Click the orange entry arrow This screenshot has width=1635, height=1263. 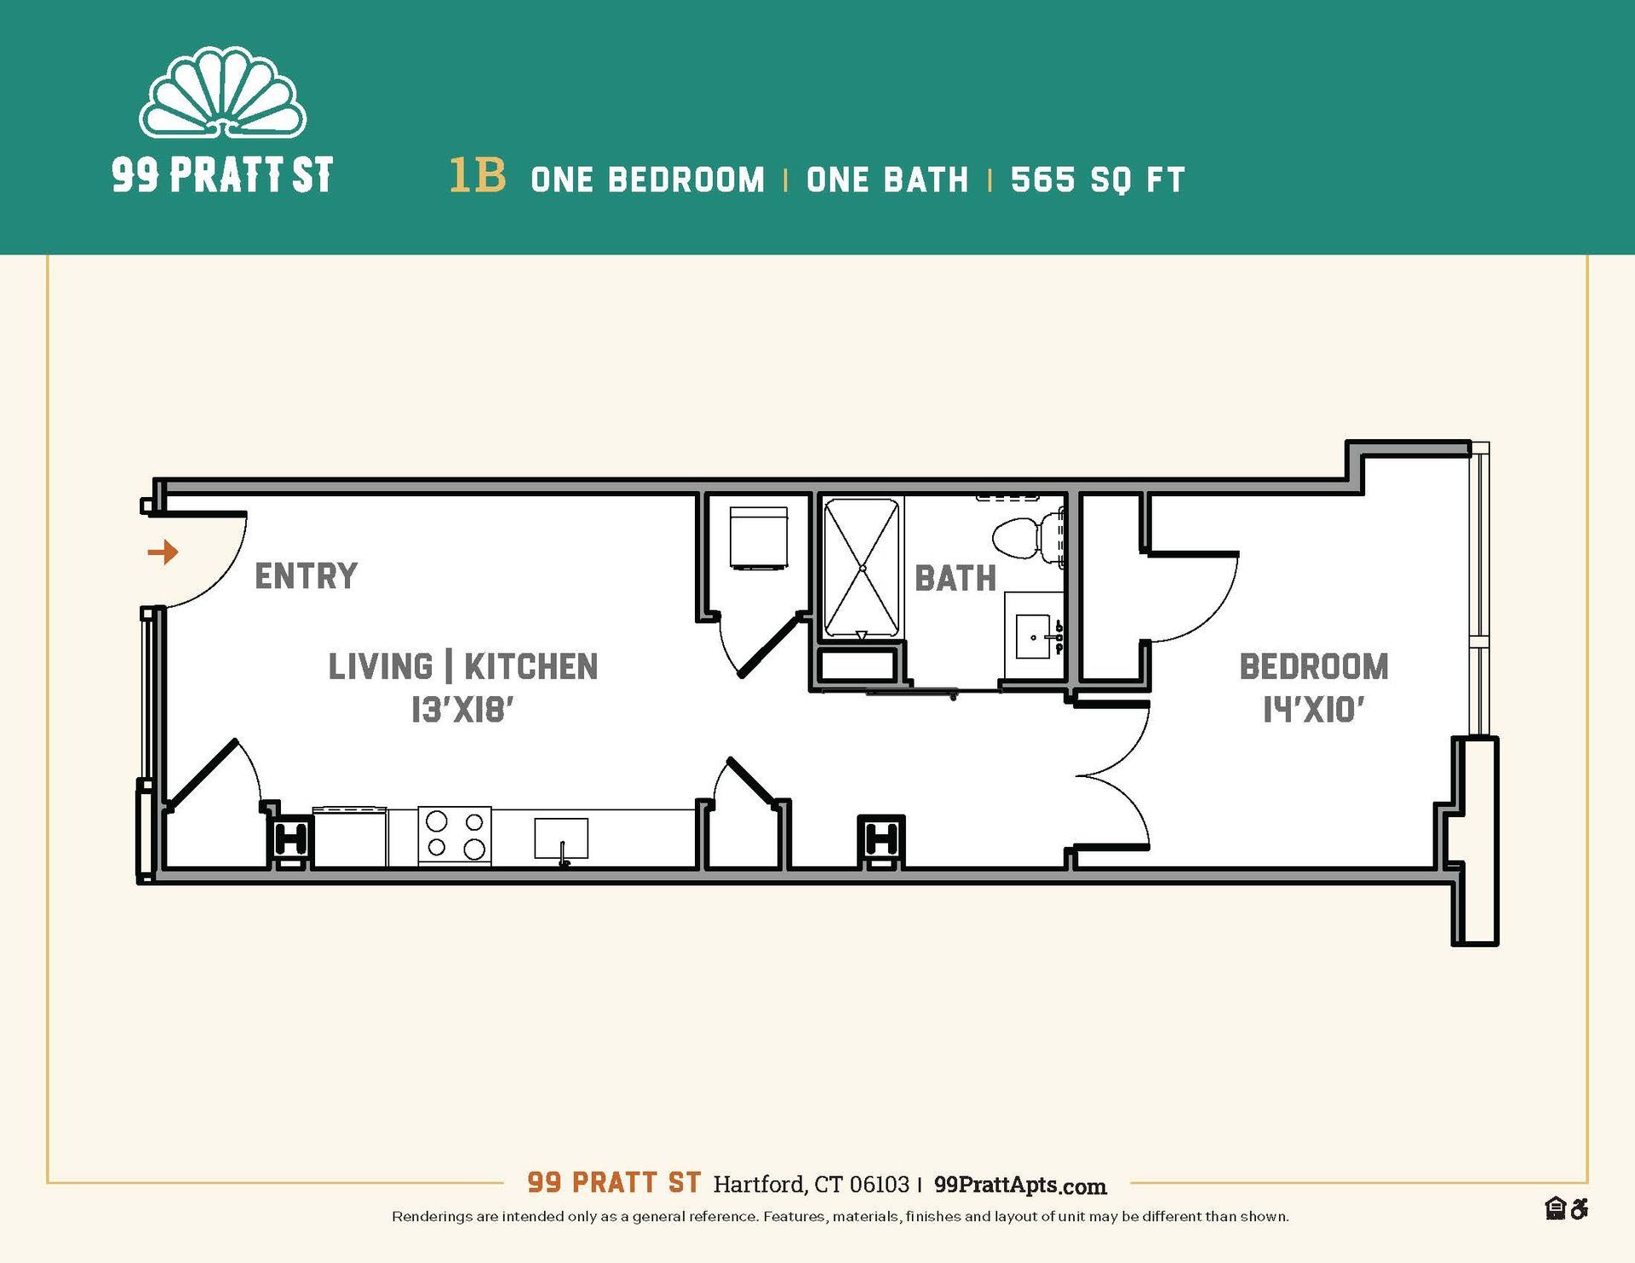coord(163,552)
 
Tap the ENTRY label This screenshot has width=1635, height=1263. coord(306,576)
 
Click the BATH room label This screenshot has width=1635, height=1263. coord(955,579)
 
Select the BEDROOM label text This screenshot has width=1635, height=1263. coord(1313,666)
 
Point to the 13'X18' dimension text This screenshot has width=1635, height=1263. coord(462,710)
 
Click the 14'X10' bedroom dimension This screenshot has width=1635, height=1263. coord(1313,710)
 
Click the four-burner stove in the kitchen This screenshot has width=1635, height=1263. coord(455,835)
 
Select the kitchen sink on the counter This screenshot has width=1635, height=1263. coord(561,838)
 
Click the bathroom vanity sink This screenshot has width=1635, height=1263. coord(1034,637)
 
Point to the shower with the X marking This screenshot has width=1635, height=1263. coord(862,568)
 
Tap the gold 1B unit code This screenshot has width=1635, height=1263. coord(477,176)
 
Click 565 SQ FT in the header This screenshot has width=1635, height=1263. coord(1098,180)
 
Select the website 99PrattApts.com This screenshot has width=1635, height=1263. coord(1019,1185)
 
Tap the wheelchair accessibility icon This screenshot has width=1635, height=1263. coord(1579,1208)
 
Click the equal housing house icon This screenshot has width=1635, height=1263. coord(1555,1208)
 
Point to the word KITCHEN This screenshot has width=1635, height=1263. coord(531,666)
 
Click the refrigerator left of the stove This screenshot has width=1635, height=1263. coord(350,837)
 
